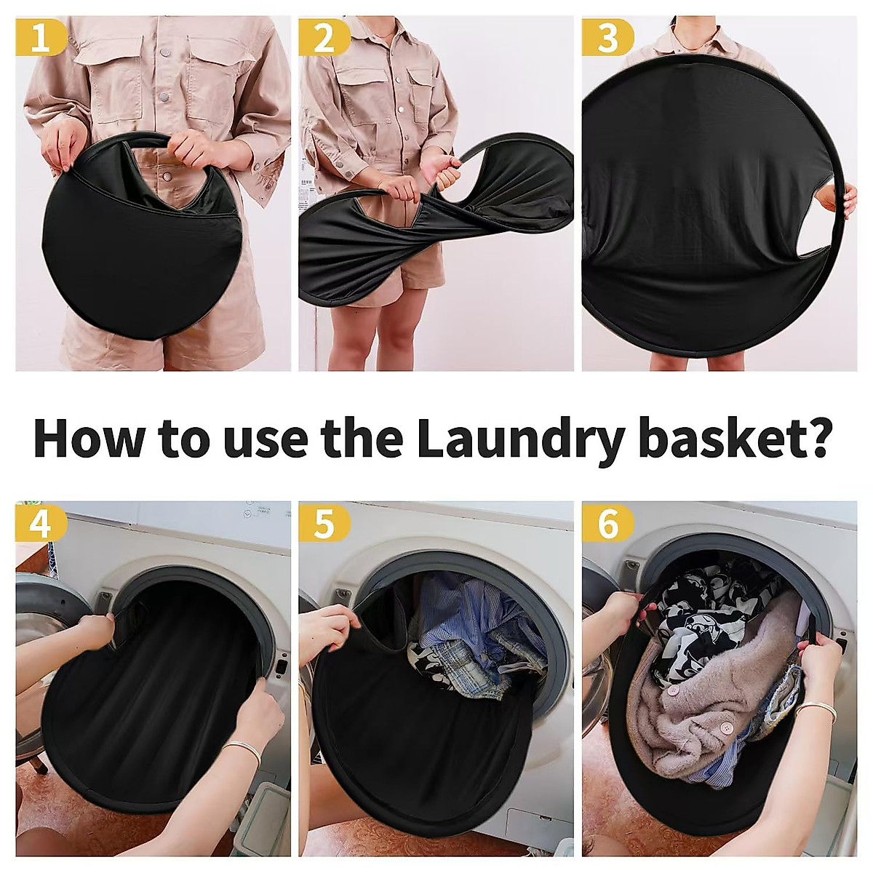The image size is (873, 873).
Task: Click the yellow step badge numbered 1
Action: pos(41,37)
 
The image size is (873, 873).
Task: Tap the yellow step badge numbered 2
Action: pos(324,37)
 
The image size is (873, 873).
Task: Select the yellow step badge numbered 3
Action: pos(607,37)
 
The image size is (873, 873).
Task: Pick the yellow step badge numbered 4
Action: pos(41,523)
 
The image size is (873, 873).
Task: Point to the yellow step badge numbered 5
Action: pos(324,523)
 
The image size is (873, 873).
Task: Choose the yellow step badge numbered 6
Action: pos(607,523)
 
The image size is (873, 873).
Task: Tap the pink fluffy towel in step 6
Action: pos(698,698)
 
